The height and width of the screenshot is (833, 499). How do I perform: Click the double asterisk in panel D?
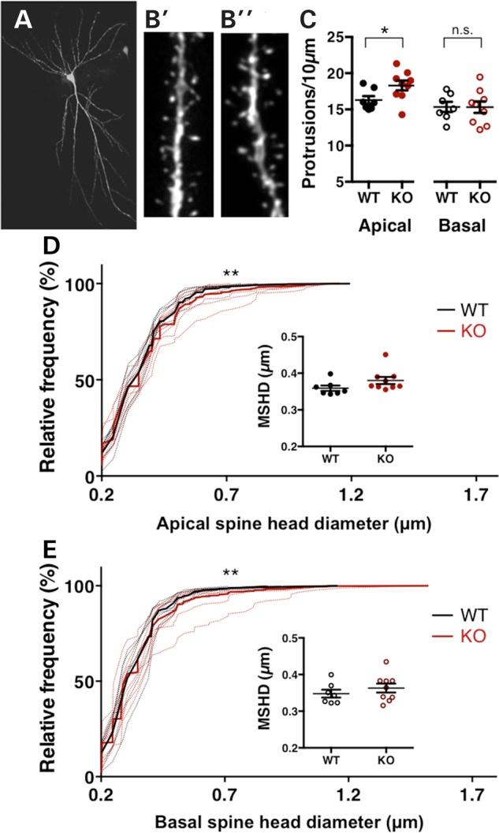click(231, 275)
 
